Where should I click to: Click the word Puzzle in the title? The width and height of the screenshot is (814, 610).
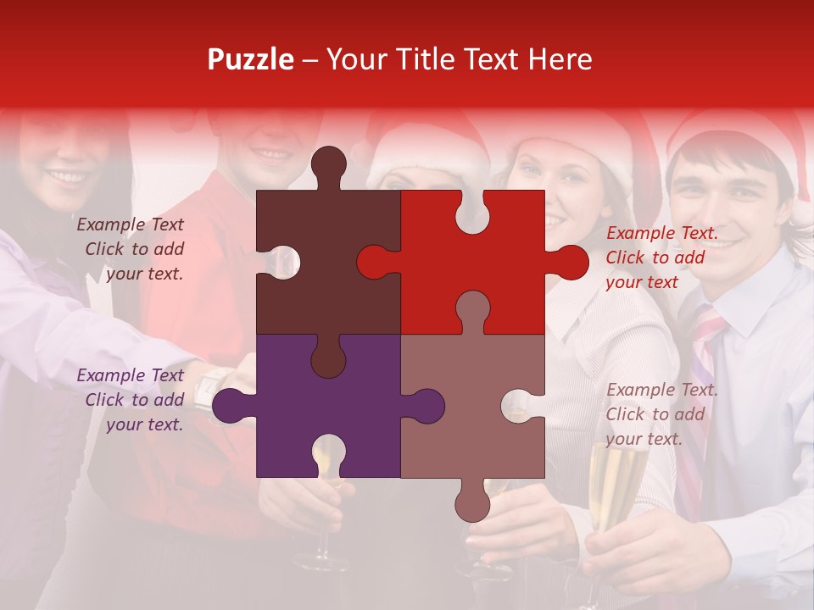pos(251,59)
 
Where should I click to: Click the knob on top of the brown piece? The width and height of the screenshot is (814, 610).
pos(328,164)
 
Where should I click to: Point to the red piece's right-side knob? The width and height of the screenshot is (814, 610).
pos(571,262)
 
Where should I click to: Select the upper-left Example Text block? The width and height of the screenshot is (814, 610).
pos(132,249)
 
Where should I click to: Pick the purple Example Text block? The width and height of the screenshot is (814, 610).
pos(132,400)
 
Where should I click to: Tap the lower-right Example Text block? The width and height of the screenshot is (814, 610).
pos(661,414)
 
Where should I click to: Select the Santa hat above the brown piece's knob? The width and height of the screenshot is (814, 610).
pos(424,148)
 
